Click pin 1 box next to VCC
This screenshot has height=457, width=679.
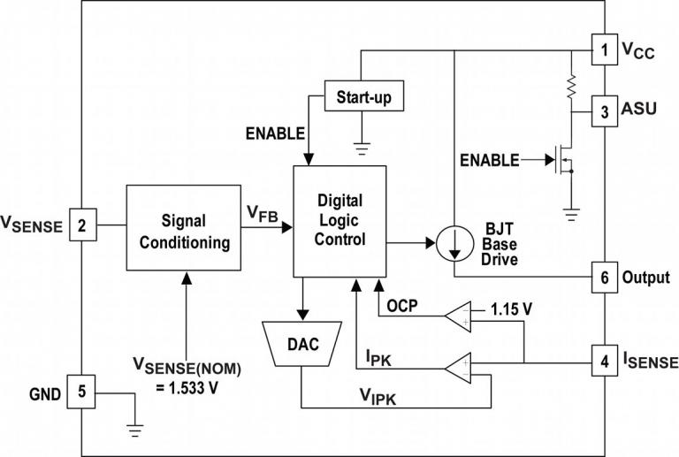pyautogui.click(x=604, y=50)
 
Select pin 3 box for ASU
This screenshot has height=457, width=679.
pyautogui.click(x=604, y=112)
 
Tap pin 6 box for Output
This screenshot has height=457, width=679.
pyautogui.click(x=604, y=277)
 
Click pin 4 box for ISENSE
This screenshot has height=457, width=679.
pyautogui.click(x=604, y=362)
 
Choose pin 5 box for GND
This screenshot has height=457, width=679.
pyautogui.click(x=81, y=393)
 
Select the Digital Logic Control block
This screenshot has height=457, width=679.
pyautogui.click(x=340, y=220)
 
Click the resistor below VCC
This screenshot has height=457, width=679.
pyautogui.click(x=570, y=86)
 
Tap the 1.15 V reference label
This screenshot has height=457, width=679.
pyautogui.click(x=510, y=310)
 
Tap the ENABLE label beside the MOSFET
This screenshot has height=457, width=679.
pyautogui.click(x=490, y=160)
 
